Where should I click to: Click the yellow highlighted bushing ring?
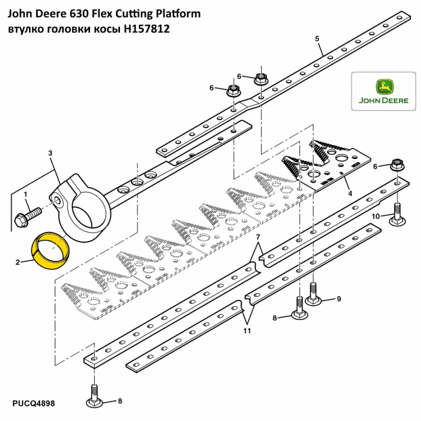click(x=51, y=252)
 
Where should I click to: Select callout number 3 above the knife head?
click(x=50, y=153)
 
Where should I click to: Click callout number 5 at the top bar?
click(x=317, y=39)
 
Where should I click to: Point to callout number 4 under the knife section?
click(x=349, y=194)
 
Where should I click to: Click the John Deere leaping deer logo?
click(x=384, y=88)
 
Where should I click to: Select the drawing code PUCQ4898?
click(x=33, y=404)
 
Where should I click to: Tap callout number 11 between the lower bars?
click(x=247, y=331)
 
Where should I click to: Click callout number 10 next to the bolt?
click(x=376, y=216)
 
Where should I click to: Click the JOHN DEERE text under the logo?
click(x=384, y=101)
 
